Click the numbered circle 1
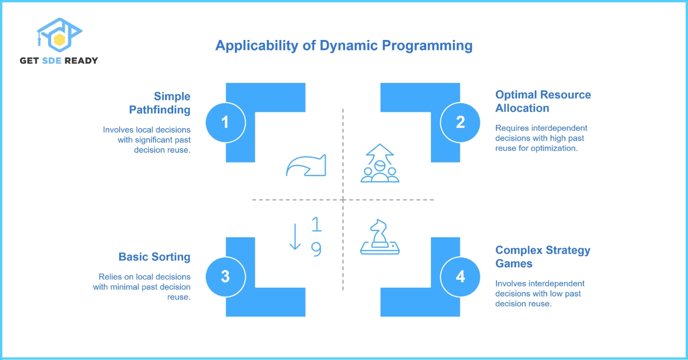226,123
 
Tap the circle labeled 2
460,123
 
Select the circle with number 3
226,277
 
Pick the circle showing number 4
460,277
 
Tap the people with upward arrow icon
380,163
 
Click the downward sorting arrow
295,236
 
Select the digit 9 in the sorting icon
316,249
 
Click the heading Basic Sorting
154,257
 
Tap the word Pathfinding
160,110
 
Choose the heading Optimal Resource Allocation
543,101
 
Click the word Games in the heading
514,264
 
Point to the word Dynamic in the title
349,46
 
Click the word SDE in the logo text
52,61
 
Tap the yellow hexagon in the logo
59,40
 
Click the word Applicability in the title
257,46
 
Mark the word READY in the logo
81,61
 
